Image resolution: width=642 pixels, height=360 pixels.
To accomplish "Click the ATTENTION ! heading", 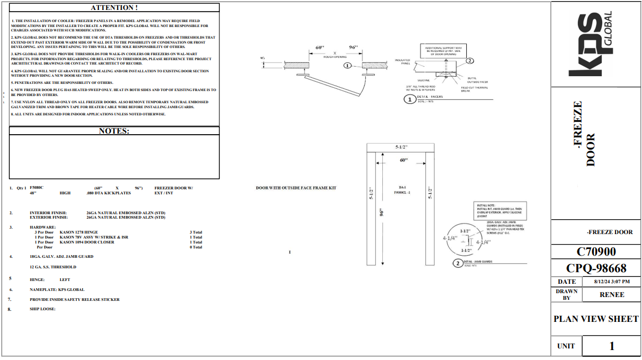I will (114, 8).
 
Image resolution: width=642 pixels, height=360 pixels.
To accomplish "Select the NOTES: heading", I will (114, 131).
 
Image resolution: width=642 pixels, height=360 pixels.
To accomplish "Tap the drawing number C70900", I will (596, 252).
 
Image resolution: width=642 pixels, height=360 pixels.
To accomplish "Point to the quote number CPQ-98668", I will (596, 268).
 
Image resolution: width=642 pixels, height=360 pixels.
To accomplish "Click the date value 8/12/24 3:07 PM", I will (612, 282).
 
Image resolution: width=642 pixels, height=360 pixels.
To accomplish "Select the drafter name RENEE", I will (612, 294).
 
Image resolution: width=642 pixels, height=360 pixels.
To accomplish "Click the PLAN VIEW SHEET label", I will (596, 319).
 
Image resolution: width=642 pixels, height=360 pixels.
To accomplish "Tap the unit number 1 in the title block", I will (612, 346).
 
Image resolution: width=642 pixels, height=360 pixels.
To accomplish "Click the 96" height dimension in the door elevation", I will (382, 212).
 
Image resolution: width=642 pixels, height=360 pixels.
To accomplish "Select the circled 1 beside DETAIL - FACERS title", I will (410, 99).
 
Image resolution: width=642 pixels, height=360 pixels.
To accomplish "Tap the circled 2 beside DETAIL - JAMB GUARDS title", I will (458, 263).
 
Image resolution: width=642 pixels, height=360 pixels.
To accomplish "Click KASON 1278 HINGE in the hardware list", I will (79, 232).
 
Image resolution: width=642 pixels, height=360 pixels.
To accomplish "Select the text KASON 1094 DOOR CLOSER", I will (85, 242).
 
